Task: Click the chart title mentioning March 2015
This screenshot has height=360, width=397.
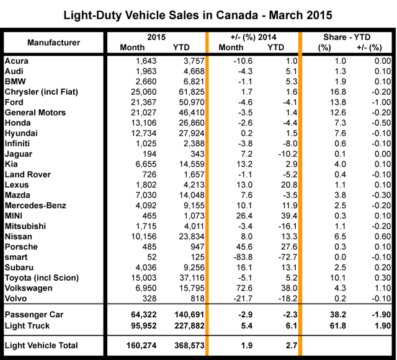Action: pyautogui.click(x=198, y=14)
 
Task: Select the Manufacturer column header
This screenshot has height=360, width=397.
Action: pyautogui.click(x=53, y=42)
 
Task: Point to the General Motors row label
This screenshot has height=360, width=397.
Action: pyautogui.click(x=38, y=113)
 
